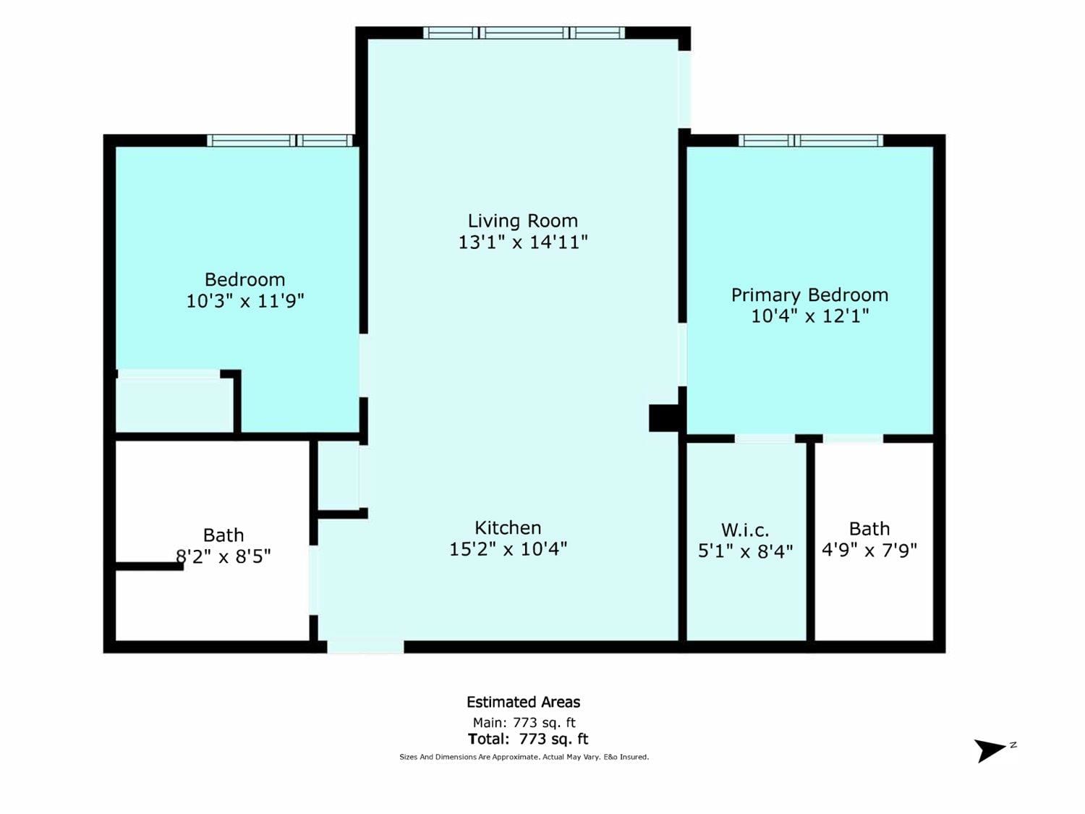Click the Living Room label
click(522, 221)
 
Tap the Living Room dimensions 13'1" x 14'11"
click(523, 242)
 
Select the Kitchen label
click(508, 528)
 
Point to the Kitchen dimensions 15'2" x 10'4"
click(508, 549)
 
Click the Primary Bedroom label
click(809, 295)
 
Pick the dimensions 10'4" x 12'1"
click(809, 315)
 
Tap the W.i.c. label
click(745, 530)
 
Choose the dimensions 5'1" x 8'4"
click(746, 551)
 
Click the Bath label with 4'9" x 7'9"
click(869, 529)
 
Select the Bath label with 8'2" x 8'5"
click(224, 535)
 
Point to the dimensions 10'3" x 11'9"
click(244, 300)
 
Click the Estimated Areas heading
click(524, 702)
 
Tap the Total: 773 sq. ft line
click(528, 739)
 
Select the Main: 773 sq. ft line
click(524, 723)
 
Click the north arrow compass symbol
click(990, 750)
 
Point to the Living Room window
click(524, 33)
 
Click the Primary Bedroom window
click(811, 140)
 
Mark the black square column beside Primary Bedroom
click(664, 418)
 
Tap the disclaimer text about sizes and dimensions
click(524, 757)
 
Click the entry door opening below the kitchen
click(365, 646)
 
